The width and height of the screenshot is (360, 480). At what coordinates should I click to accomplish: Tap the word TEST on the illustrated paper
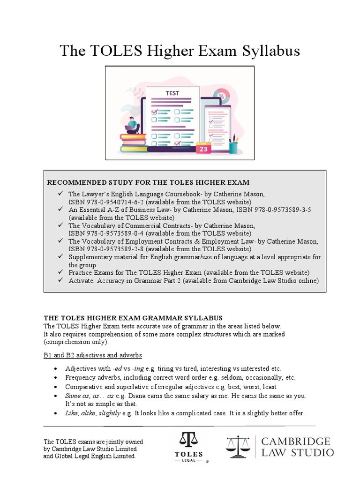172,93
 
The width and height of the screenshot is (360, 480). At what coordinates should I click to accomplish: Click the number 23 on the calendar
203,149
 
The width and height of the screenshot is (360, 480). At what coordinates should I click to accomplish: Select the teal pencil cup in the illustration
233,147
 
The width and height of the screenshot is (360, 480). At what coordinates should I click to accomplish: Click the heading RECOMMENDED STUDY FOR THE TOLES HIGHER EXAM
149,182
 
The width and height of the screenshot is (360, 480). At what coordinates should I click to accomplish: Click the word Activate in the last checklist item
82,281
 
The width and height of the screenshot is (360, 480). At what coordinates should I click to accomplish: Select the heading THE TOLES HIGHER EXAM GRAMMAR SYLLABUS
133,318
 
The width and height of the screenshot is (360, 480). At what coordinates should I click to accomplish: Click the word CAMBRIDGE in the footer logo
296,442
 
